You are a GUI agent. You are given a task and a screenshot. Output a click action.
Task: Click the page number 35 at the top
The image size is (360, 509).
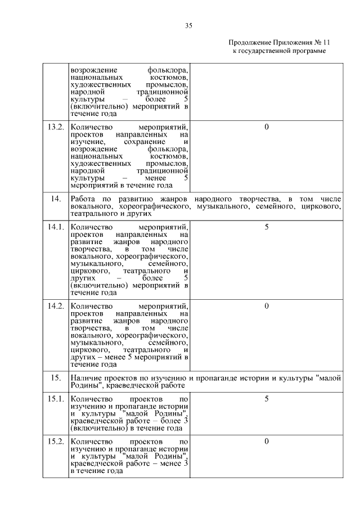point(189,25)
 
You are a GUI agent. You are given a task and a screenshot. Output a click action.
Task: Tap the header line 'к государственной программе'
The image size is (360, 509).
point(279,51)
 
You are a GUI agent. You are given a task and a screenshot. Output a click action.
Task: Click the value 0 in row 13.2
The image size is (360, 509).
point(266,127)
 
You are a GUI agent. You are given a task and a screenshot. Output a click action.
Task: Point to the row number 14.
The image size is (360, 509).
point(55,200)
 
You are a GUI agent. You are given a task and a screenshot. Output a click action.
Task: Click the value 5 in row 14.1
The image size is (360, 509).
point(266,227)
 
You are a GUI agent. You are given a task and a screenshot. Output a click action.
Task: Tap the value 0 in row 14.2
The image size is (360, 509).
point(266,306)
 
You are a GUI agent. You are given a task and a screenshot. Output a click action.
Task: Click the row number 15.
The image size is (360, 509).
point(55,379)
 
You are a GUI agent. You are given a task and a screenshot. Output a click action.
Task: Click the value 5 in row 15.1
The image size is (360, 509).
point(266,399)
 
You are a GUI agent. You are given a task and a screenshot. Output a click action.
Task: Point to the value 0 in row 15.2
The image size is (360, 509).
point(266,442)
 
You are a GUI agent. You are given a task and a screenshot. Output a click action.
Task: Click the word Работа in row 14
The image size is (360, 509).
point(83,200)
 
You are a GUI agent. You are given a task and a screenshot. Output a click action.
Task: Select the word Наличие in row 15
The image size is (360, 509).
point(85,379)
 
